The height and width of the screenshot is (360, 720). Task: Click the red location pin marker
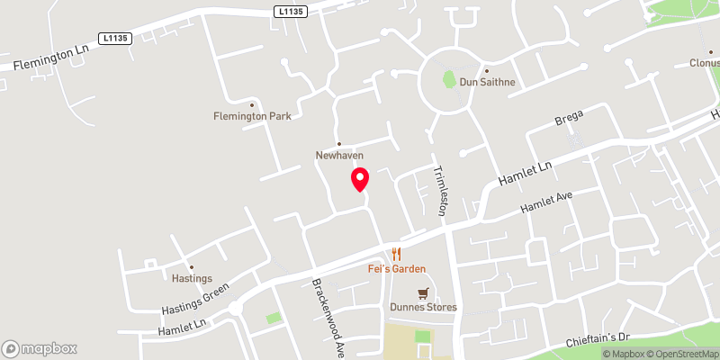(x=360, y=179)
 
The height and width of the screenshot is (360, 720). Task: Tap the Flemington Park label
(x=252, y=115)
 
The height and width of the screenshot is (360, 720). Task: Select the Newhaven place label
(x=339, y=155)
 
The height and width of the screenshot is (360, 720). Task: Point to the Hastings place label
(x=191, y=278)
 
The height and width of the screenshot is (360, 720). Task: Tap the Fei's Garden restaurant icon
(x=395, y=254)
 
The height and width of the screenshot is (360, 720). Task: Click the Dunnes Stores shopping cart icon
(x=423, y=292)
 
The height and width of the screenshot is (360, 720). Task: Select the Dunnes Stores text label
(x=423, y=307)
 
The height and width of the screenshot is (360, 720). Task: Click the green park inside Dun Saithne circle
(x=449, y=79)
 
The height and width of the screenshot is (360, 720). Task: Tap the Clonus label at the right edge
(x=704, y=64)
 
